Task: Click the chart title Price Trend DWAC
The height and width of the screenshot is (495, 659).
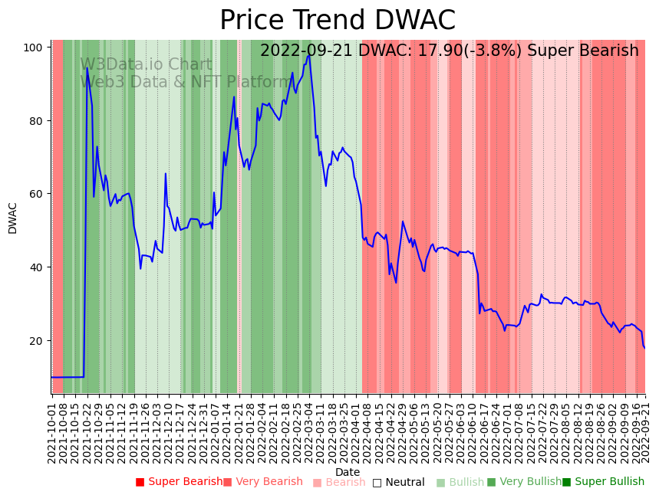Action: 338,21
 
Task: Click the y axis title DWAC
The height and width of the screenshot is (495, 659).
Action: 13,218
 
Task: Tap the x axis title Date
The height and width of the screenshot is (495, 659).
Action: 348,473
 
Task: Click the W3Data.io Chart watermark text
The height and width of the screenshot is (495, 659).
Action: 146,65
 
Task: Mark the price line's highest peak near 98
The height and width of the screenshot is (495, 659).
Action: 308,55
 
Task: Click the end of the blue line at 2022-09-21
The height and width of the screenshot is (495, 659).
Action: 645,348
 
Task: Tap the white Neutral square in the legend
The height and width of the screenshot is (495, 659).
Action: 377,482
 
